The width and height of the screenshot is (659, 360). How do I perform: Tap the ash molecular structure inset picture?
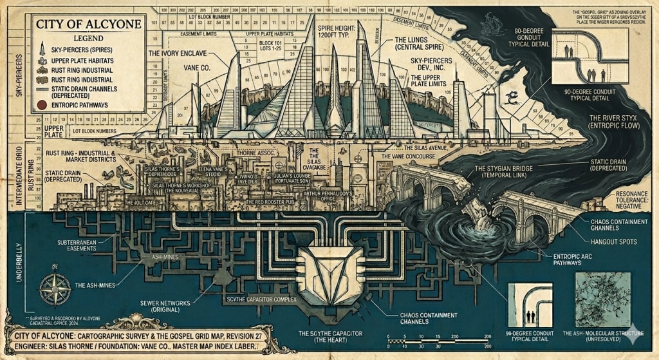609,303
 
